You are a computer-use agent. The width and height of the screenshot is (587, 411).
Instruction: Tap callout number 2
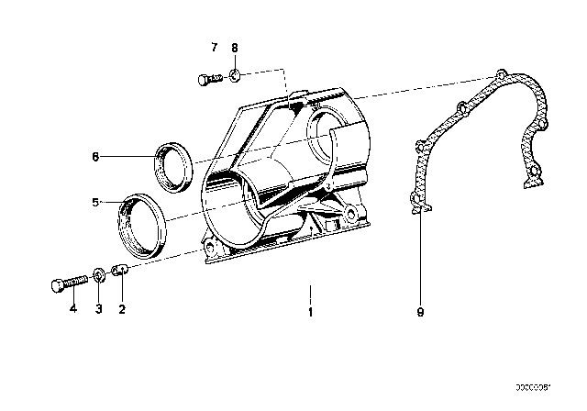click(121, 309)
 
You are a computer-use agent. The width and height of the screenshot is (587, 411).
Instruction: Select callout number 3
click(99, 309)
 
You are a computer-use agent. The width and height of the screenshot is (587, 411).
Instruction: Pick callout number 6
click(94, 157)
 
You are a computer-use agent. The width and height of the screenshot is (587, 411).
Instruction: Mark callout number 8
click(235, 47)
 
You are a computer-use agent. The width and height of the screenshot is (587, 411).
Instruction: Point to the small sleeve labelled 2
click(120, 271)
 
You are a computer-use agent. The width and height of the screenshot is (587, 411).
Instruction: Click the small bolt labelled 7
click(208, 80)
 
